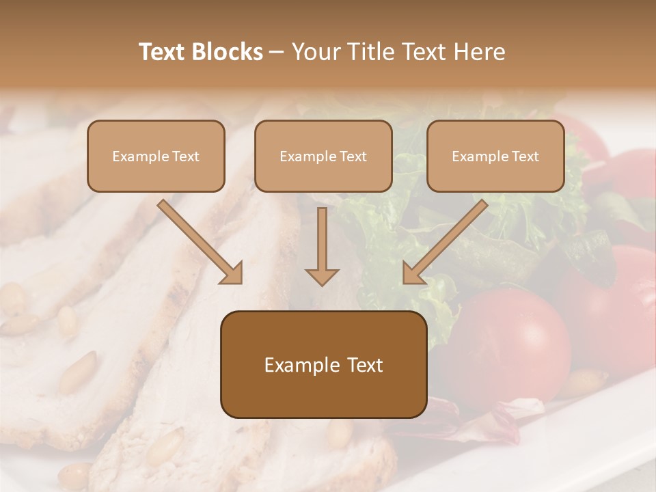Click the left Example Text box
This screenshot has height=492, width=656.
point(156,156)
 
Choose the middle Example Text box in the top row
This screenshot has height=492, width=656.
point(323,156)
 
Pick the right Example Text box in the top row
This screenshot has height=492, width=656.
point(495,156)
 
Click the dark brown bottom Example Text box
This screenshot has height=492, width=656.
point(323,364)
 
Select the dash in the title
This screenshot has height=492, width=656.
point(277,53)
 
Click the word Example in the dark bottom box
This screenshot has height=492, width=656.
point(298,365)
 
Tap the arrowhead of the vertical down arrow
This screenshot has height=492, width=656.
point(322,275)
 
